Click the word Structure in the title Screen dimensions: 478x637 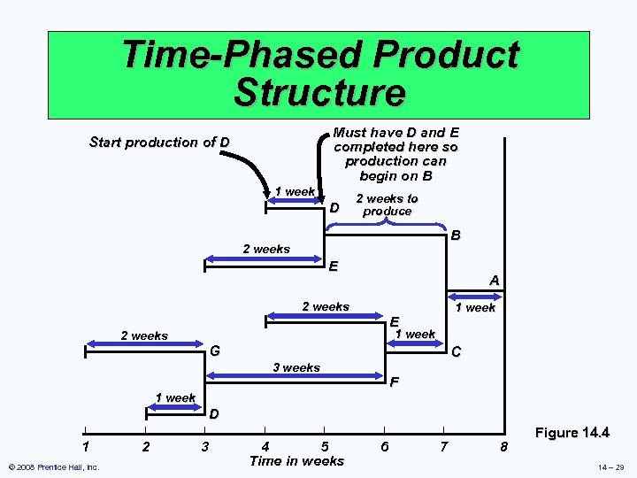(x=319, y=92)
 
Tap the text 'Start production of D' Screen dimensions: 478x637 (x=160, y=143)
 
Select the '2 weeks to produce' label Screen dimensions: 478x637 (x=387, y=204)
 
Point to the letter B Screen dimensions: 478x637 (x=455, y=236)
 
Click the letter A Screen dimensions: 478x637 (x=495, y=281)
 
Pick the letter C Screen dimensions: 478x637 (x=456, y=352)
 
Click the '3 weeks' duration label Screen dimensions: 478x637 (x=296, y=367)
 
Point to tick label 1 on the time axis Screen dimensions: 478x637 (x=85, y=447)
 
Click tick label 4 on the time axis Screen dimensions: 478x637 (x=265, y=447)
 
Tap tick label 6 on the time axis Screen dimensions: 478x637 (x=384, y=447)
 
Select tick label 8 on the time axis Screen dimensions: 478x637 (x=503, y=447)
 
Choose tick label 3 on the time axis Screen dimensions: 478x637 (x=205, y=447)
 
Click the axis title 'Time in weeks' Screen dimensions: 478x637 (x=296, y=460)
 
